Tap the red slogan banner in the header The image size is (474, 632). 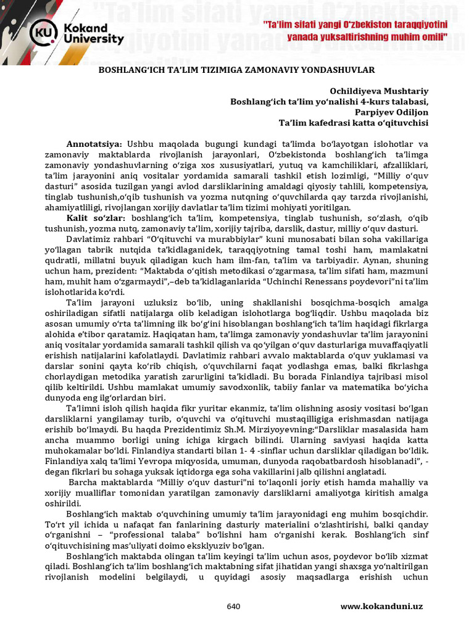(354, 30)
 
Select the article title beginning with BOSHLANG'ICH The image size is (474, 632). (237, 70)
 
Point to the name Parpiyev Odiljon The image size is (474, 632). (391, 112)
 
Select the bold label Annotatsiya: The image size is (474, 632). (94, 144)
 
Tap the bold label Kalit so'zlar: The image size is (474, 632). (96, 218)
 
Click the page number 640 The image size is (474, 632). (233, 607)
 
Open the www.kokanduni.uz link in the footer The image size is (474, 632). (381, 607)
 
